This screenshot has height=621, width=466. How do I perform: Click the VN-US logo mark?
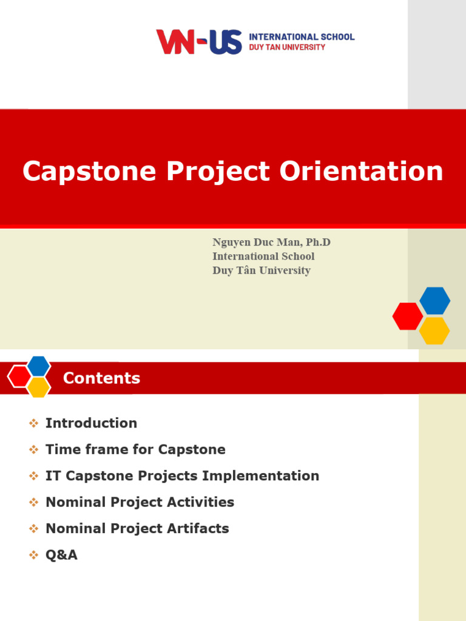199,42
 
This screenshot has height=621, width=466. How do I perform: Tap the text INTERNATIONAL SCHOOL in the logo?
302,36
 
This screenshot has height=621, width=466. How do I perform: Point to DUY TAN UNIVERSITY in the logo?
287,47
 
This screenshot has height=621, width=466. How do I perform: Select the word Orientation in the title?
361,172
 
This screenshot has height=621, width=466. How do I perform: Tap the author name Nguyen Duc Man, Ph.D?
271,243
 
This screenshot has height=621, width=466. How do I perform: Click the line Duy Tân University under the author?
261,270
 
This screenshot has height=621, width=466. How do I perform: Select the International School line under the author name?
263,257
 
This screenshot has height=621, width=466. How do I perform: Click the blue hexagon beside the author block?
434,301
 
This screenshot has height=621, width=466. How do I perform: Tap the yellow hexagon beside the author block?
434,331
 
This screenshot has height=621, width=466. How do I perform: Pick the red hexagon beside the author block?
408,316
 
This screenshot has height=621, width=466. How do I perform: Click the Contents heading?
101,378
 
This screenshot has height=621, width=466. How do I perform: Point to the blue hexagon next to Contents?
39,366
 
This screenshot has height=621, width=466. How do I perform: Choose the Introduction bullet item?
91,423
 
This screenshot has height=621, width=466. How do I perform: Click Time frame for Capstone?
135,449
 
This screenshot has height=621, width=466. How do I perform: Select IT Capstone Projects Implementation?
182,476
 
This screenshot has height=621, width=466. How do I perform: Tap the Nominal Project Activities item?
140,502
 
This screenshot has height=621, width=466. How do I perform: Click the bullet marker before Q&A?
34,555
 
